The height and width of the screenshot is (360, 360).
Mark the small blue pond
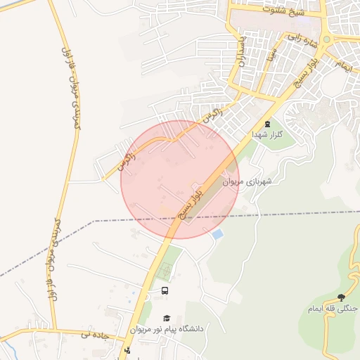(x=217, y=233)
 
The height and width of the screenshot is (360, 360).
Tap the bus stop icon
(x=165, y=290)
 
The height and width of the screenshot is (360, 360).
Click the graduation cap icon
(x=167, y=319)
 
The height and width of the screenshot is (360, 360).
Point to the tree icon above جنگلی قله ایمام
(x=342, y=297)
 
